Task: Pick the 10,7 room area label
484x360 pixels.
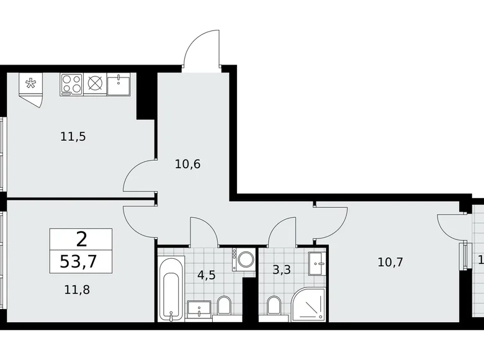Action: [390, 262]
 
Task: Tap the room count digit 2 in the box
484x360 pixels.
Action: [81, 237]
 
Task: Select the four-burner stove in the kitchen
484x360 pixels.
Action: [71, 84]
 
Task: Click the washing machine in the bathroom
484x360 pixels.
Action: [244, 259]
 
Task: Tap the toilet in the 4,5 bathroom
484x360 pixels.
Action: [224, 305]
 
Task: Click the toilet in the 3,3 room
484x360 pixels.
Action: [273, 305]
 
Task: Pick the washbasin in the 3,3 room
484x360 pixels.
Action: [318, 264]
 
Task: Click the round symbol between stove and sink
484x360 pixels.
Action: [95, 84]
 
